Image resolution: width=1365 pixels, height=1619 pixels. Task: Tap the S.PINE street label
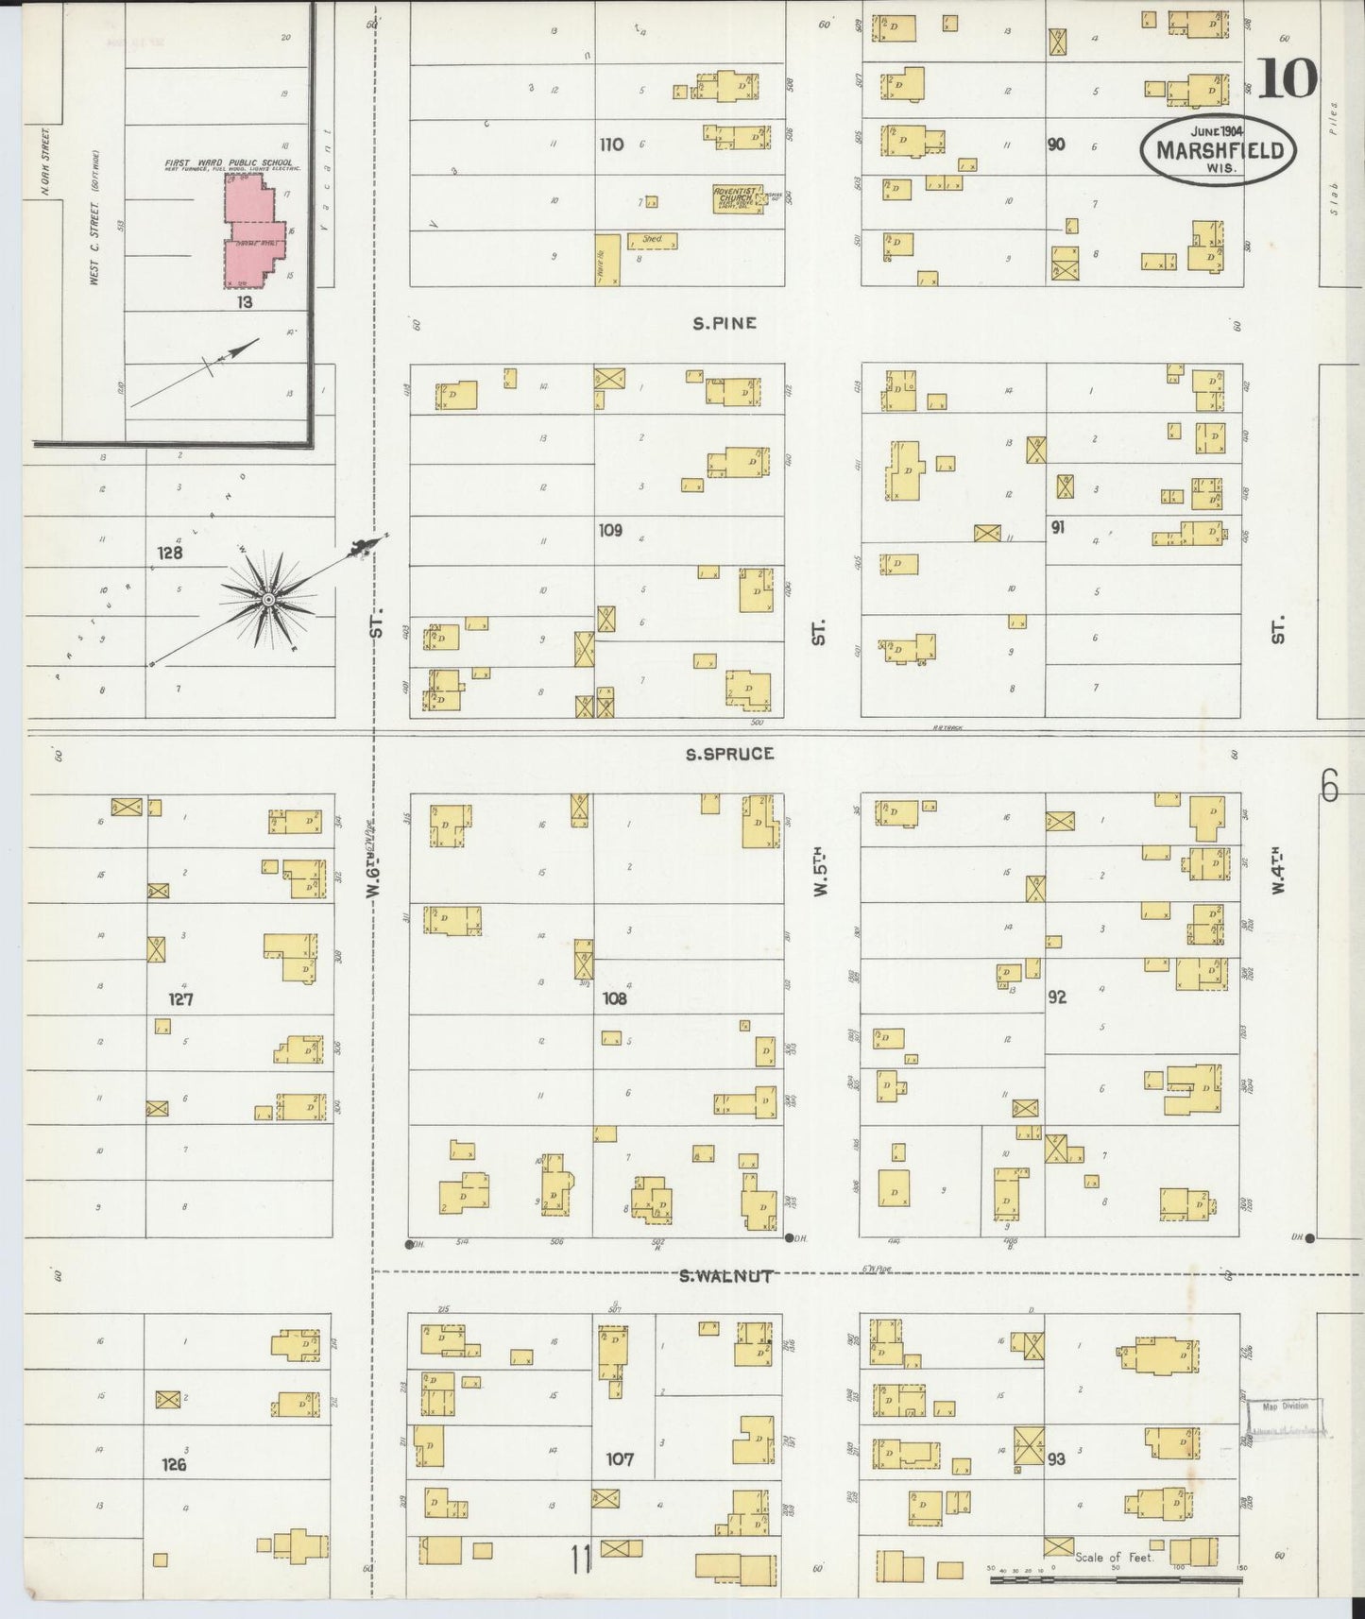725,323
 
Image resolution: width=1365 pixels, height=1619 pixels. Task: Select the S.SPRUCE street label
730,754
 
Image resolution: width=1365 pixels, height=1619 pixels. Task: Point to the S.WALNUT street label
726,1276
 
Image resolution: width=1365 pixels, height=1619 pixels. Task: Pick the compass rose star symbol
268,600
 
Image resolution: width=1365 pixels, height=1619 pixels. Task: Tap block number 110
611,145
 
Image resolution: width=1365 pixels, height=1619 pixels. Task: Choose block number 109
610,531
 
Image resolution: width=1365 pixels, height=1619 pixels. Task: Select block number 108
614,997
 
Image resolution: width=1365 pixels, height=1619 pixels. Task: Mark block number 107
620,1459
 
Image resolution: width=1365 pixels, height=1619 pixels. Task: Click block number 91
1057,527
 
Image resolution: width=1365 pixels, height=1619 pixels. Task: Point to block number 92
1057,997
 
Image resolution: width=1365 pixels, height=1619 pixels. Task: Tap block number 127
180,998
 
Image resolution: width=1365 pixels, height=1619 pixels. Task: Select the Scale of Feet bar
1115,1577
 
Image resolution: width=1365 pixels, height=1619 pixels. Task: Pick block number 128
170,553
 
